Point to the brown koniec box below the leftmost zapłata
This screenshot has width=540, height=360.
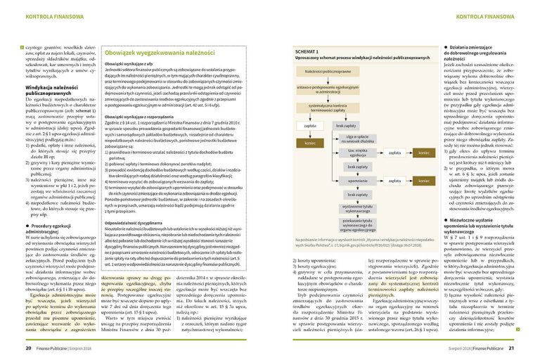click(309, 142)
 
